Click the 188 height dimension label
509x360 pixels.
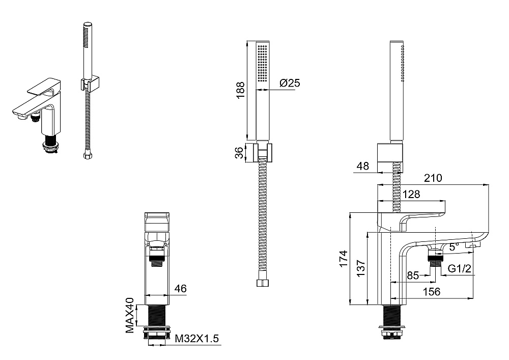coord(240,90)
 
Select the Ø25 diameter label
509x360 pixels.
coord(290,83)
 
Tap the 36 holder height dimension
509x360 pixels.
coord(239,153)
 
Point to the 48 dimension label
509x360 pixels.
coord(362,166)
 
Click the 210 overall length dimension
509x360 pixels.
coord(433,178)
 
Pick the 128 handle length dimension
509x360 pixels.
coord(411,194)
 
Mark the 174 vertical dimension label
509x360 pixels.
coord(344,259)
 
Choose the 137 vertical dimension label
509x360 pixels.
coord(361,268)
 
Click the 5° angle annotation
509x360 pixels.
coord(454,247)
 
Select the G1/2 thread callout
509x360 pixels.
coord(459,268)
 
